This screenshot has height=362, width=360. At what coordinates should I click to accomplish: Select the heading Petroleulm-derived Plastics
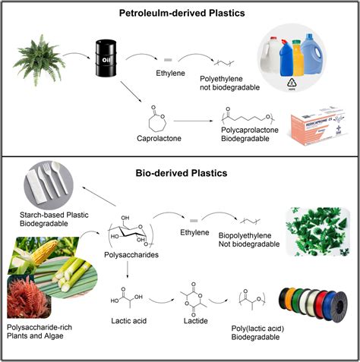pyautogui.click(x=180, y=13)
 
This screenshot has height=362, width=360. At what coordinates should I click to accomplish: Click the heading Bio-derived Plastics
pyautogui.click(x=180, y=173)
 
